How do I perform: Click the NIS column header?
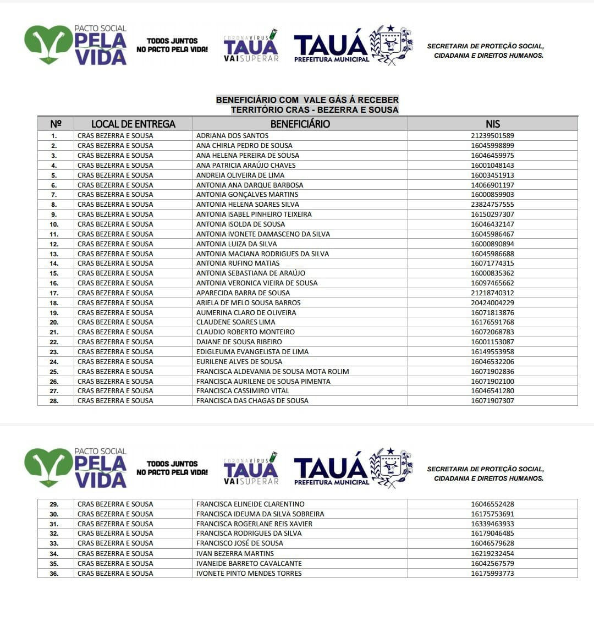492,124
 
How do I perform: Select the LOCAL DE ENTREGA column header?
133,124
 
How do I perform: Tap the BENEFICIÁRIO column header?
300,124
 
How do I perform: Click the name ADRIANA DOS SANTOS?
232,136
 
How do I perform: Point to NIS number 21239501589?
492,136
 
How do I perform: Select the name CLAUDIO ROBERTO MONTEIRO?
245,332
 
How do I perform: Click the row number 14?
54,263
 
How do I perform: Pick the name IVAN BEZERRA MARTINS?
235,554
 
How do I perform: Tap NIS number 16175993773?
492,574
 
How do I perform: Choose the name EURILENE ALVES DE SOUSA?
239,362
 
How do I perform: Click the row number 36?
54,574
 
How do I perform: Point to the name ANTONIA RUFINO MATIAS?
238,263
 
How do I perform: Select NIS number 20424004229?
492,303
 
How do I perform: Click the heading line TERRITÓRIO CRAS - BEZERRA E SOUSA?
314,110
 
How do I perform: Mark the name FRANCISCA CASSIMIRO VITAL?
243,391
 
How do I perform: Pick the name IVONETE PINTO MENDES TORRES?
249,574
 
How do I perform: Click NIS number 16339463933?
492,524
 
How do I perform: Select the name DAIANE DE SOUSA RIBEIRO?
239,342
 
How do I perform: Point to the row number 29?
54,504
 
